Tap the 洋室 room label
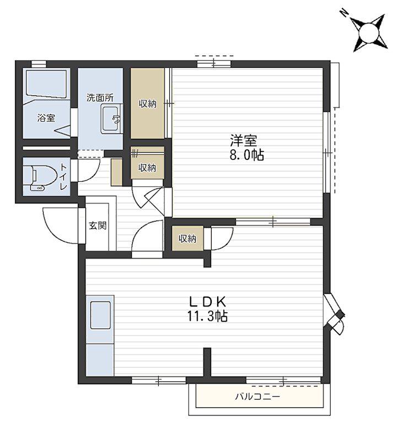pyautogui.click(x=243, y=141)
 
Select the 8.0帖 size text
pyautogui.click(x=246, y=155)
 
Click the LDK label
pyautogui.click(x=208, y=302)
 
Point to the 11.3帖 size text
pyautogui.click(x=208, y=316)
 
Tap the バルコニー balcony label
pyautogui.click(x=257, y=397)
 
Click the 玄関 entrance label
pyautogui.click(x=98, y=225)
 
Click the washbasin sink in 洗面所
pyautogui.click(x=111, y=119)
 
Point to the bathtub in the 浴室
pyautogui.click(x=46, y=84)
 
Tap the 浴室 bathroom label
pyautogui.click(x=46, y=118)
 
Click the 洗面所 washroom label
pyautogui.click(x=100, y=98)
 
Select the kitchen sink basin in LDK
pyautogui.click(x=100, y=315)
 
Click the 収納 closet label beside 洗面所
pyautogui.click(x=147, y=104)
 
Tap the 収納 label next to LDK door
pyautogui.click(x=187, y=239)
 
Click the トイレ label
pyautogui.click(x=64, y=177)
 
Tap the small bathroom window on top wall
pyautogui.click(x=39, y=64)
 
